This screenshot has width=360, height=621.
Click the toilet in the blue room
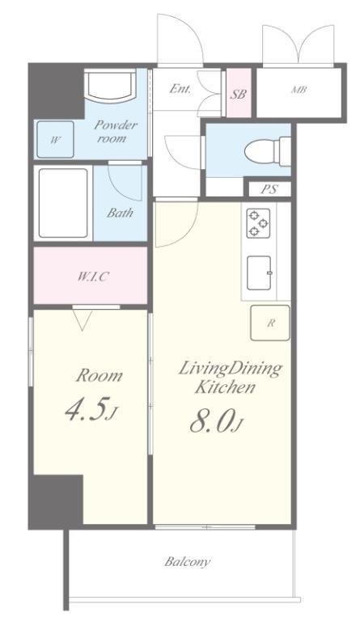tap(268, 151)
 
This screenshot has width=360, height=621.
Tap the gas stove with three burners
tap(258, 223)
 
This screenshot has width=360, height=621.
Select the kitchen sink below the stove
tap(260, 272)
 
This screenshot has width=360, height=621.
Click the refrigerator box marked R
tap(270, 323)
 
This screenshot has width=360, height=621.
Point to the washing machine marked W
tap(55, 139)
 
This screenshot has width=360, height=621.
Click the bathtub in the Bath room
tap(63, 203)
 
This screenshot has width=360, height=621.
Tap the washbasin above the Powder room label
tap(110, 86)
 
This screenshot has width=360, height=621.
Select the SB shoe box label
tap(239, 95)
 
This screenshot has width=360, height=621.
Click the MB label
tap(299, 90)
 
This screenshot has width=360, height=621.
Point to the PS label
tap(269, 189)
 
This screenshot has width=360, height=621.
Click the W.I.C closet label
tap(92, 277)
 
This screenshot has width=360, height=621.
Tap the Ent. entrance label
tap(180, 89)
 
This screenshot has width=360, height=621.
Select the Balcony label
tap(188, 562)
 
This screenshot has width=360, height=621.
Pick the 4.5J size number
tap(91, 410)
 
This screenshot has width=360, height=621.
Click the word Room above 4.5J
tap(99, 375)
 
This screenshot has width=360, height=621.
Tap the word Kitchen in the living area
tap(225, 387)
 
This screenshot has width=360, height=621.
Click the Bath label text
tap(120, 213)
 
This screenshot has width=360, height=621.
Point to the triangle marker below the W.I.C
tap(83, 320)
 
